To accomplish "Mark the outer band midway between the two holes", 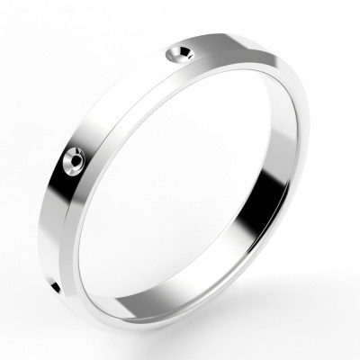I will (x=126, y=103).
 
